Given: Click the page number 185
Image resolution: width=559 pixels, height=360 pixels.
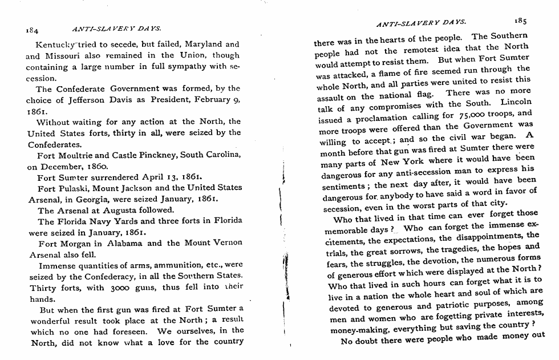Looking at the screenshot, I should pyautogui.click(x=520, y=21).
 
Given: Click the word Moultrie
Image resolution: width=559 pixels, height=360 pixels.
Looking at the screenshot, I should pyautogui.click(x=80, y=156).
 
